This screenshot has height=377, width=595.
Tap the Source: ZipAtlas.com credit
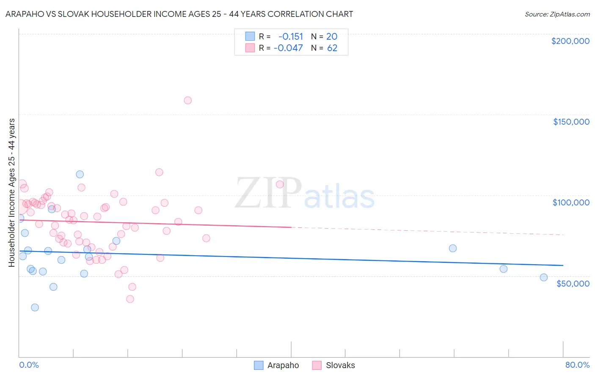(x=557, y=14)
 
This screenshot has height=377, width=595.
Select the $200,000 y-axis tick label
(x=570, y=41)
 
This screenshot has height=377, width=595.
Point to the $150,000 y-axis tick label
(x=571, y=122)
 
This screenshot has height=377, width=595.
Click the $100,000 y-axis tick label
(x=571, y=202)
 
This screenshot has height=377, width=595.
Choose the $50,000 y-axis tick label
(x=573, y=284)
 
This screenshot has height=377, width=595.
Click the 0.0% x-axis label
(x=29, y=365)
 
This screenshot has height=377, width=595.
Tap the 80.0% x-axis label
(x=577, y=365)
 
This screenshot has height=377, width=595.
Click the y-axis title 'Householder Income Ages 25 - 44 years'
(x=12, y=193)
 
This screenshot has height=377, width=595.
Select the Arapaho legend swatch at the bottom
(x=259, y=365)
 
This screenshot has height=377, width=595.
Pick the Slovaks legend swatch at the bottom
(x=317, y=365)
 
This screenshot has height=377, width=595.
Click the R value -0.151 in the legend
(x=291, y=36)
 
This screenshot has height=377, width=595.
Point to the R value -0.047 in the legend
(x=288, y=48)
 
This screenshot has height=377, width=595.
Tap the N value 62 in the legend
(x=332, y=48)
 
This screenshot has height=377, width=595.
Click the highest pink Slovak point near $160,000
(x=187, y=100)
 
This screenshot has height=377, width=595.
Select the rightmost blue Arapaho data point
(x=544, y=277)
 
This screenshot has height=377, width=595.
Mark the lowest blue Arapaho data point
(x=35, y=307)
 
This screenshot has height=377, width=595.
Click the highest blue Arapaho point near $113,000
(x=80, y=174)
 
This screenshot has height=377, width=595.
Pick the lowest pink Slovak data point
(x=130, y=299)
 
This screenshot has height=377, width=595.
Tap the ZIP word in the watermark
(x=268, y=193)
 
